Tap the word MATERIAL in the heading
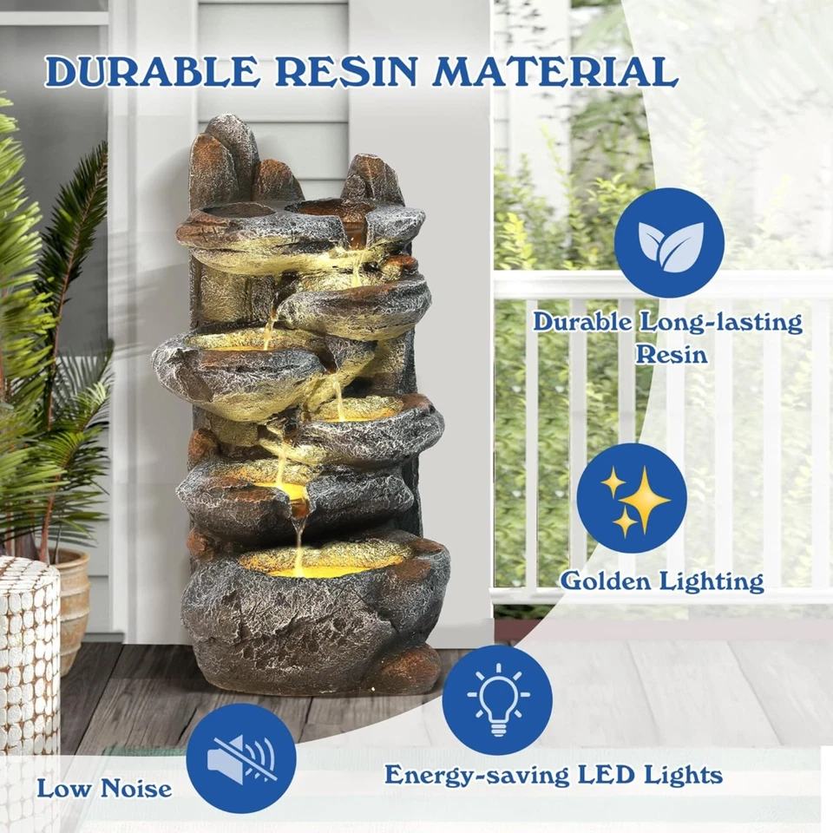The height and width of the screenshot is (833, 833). pyautogui.click(x=556, y=72)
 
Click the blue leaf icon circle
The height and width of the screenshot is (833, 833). pyautogui.click(x=669, y=242)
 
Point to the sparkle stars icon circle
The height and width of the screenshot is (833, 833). pyautogui.click(x=632, y=497)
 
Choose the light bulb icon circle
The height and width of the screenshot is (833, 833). pyautogui.click(x=497, y=699)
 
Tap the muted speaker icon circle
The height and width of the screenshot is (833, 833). pyautogui.click(x=241, y=751)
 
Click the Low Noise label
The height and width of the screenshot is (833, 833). pyautogui.click(x=104, y=789)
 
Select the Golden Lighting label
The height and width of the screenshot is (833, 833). pyautogui.click(x=662, y=580)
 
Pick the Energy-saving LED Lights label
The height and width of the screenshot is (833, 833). pyautogui.click(x=554, y=774)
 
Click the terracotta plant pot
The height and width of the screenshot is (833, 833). pyautogui.click(x=74, y=607)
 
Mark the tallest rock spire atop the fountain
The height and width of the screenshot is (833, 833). pyautogui.click(x=230, y=152)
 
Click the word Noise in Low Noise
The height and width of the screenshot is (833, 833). pyautogui.click(x=137, y=789)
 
